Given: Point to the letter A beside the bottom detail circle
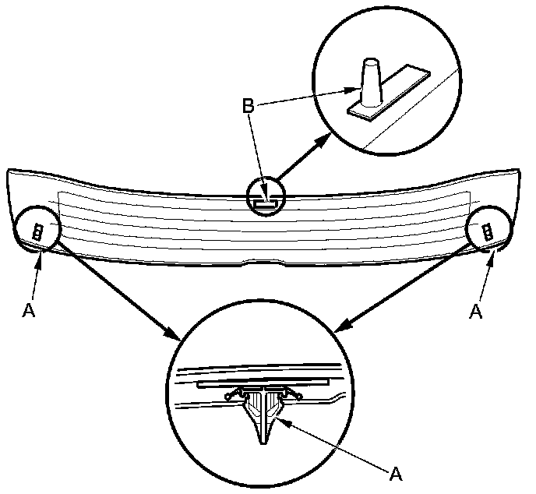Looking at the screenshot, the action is [396, 473].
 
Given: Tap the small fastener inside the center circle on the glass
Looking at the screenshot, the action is [266, 201].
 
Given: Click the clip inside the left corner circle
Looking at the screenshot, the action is [37, 230].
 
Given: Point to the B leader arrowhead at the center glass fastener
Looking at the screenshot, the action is [265, 196].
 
